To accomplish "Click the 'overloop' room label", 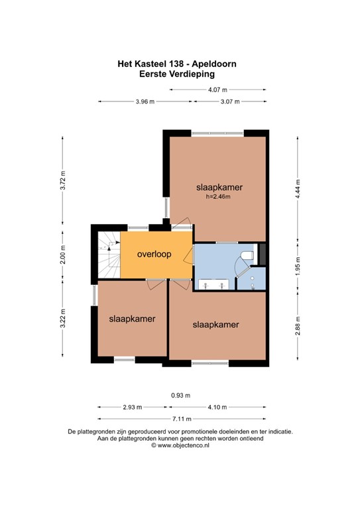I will (155, 254).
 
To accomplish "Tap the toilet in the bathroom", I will (247, 255).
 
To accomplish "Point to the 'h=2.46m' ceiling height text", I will (219, 197).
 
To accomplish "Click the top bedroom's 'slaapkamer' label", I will (219, 188).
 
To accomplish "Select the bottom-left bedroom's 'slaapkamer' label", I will (133, 319).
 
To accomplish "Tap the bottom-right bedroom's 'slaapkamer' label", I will (215, 325).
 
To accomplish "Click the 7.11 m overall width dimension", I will (182, 419).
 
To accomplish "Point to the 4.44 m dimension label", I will (298, 188).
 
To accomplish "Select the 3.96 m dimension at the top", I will (145, 101).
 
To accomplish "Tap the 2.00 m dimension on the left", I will (63, 254).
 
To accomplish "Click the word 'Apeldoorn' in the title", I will (213, 64).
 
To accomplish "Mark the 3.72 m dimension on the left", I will (63, 181).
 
